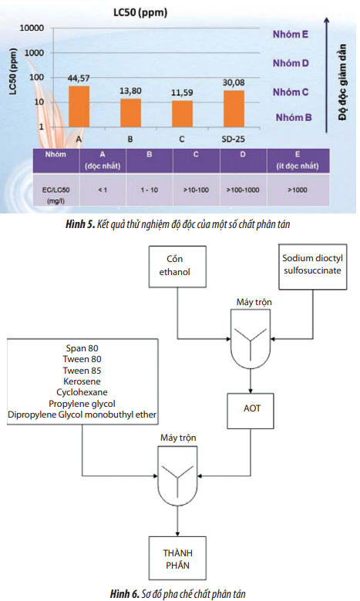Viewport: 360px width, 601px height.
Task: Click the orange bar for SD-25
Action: coord(234,109)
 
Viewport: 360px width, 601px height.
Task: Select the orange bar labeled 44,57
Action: coord(79,106)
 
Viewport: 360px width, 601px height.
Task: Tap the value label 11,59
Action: coord(182,92)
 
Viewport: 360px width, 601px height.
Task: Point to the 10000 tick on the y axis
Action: coord(32,28)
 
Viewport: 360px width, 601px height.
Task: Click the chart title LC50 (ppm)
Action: coord(140,12)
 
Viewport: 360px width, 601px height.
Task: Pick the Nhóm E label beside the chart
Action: coord(290,34)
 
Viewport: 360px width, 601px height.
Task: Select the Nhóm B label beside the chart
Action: coord(294,117)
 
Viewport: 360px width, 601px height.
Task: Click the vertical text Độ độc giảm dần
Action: coord(342,82)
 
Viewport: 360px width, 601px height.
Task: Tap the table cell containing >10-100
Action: coord(196,190)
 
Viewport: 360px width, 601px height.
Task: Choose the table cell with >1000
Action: coord(298,190)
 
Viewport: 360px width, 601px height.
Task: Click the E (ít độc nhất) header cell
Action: coord(298,160)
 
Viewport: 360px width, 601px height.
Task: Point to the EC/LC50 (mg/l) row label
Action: coord(56,195)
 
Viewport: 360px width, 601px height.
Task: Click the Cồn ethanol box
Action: coord(177,267)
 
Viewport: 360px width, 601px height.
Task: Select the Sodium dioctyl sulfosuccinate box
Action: coord(313,267)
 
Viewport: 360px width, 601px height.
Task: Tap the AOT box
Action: coord(251,411)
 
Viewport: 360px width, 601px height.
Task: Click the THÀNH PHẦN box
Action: coord(177,558)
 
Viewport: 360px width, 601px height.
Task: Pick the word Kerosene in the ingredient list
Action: coord(82,381)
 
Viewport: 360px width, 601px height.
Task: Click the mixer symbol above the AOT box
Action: coord(251,339)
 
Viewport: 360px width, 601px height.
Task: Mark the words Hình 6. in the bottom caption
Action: coord(125,594)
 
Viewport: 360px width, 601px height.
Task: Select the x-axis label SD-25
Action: coord(233,139)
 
